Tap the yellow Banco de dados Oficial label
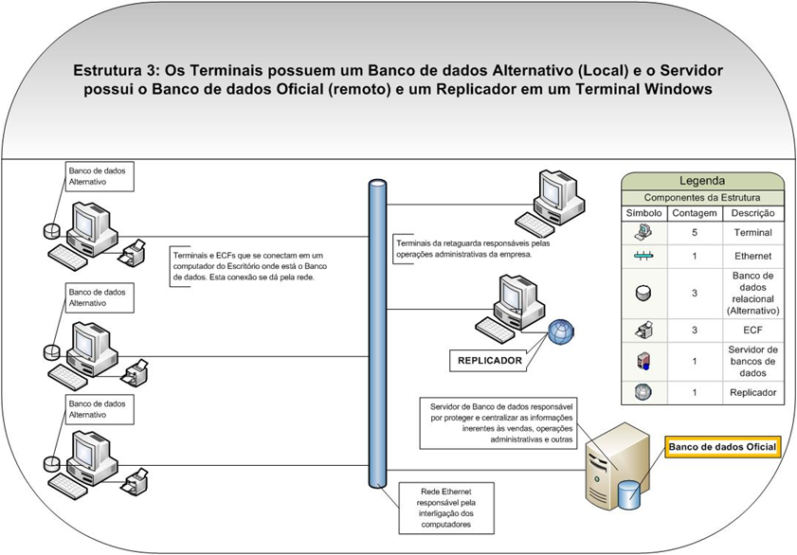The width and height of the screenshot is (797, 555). point(722,447)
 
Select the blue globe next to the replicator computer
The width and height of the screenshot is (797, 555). point(560,332)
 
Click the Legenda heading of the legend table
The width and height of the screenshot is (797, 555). point(702,181)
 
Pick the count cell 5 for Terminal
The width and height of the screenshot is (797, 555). point(695,231)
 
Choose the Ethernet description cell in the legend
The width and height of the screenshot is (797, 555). point(753,256)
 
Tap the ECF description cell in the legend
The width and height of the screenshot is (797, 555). point(753,331)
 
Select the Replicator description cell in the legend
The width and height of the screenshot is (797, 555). point(753,392)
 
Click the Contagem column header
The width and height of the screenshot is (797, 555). point(695,213)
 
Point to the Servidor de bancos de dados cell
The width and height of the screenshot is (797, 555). point(753,361)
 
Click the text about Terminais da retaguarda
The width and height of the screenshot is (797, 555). point(463,249)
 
